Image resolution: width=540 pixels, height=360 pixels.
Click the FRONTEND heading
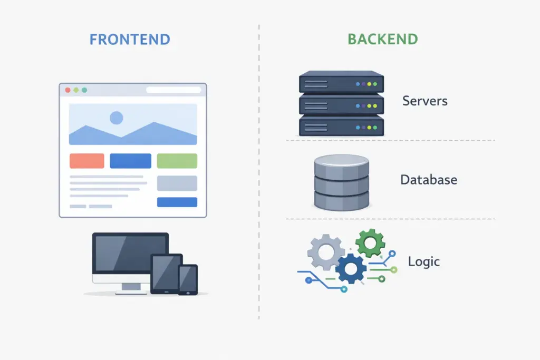coord(130,40)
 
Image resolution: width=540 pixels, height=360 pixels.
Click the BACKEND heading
coord(382,40)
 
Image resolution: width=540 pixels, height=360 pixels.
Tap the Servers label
coord(425,101)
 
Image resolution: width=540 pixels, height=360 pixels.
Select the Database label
coord(428,180)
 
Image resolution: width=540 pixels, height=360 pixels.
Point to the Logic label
coord(423,261)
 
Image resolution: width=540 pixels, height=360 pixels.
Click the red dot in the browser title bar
coord(67,90)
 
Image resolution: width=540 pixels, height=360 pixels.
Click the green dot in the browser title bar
coord(84,90)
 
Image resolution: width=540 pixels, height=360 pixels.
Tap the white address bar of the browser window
coord(173,90)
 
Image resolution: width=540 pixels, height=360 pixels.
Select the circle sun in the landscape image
coord(117,118)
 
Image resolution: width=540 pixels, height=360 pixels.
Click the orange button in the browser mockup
coord(87,161)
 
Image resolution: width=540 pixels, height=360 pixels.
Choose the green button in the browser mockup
coord(177,161)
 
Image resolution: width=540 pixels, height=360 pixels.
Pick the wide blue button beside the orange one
coord(130,161)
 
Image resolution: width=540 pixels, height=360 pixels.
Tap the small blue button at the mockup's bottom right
coord(177,202)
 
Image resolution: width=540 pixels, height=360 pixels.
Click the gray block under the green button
coord(177,183)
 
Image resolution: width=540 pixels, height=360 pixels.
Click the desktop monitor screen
coord(130,254)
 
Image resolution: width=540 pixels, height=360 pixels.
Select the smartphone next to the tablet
coord(188,279)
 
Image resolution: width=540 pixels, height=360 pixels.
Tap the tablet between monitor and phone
coord(166,274)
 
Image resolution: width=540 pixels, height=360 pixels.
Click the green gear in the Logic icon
coord(370,242)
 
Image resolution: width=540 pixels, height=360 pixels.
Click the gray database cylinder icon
coord(341,182)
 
